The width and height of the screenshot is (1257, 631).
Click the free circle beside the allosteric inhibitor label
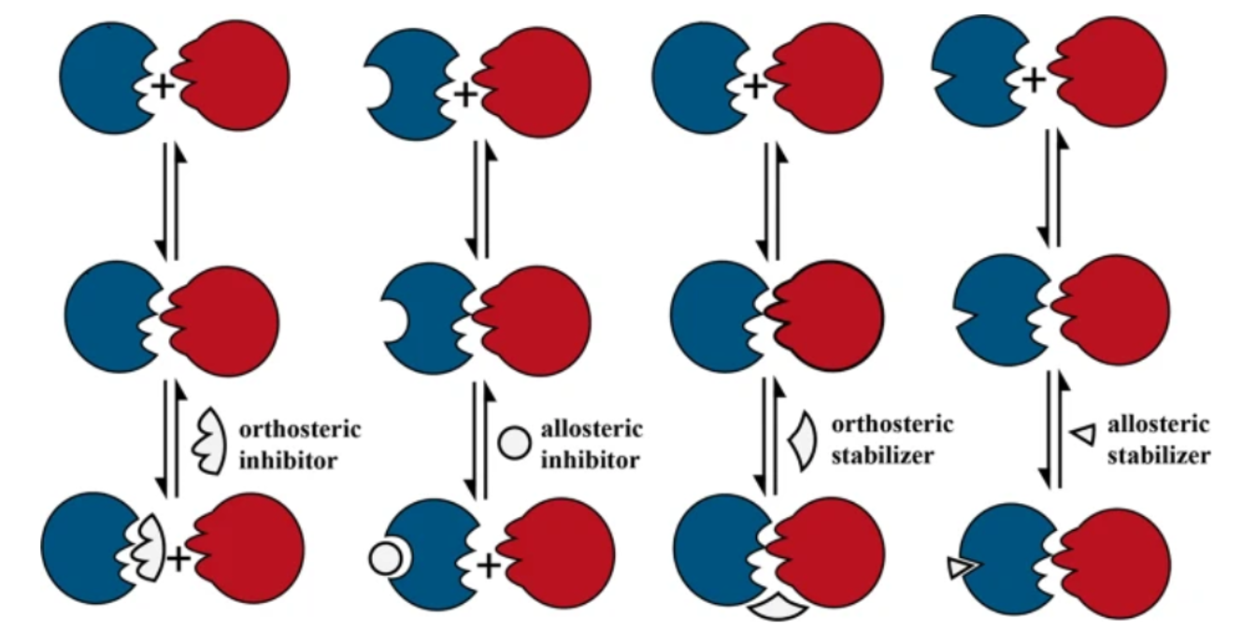(515, 442)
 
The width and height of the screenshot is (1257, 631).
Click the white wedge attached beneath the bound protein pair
(778, 608)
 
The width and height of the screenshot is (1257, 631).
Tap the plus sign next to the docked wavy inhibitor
(178, 559)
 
